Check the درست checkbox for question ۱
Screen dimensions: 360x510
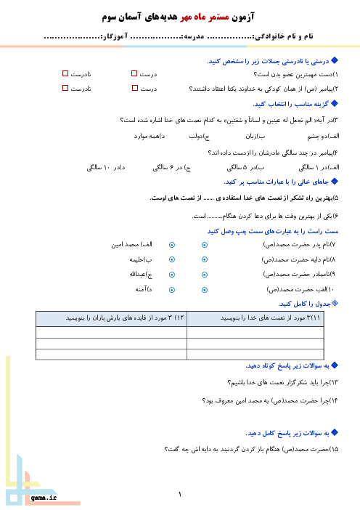tap(134, 73)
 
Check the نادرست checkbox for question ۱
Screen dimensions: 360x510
tap(65, 73)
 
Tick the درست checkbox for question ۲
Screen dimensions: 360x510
tap(135, 88)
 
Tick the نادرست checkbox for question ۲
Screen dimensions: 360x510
tap(65, 88)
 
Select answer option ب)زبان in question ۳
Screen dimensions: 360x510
tap(255, 137)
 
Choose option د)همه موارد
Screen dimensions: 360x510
tap(150, 137)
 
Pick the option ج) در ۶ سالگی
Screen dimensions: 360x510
tap(172, 168)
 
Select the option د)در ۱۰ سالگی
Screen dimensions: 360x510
tap(106, 168)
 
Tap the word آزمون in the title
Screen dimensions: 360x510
tap(243, 17)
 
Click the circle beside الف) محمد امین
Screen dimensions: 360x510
tap(172, 245)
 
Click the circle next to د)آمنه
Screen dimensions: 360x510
tap(172, 290)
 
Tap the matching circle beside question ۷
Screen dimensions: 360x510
tap(205, 245)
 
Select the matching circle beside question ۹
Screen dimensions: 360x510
tap(205, 275)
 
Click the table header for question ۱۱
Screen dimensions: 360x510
tap(255, 319)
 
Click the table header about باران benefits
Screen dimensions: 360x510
tap(112, 319)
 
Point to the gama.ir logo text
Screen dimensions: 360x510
tap(44, 498)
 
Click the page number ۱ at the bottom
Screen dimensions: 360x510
tap(180, 495)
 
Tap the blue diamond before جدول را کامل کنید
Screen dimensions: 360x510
tap(335, 303)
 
